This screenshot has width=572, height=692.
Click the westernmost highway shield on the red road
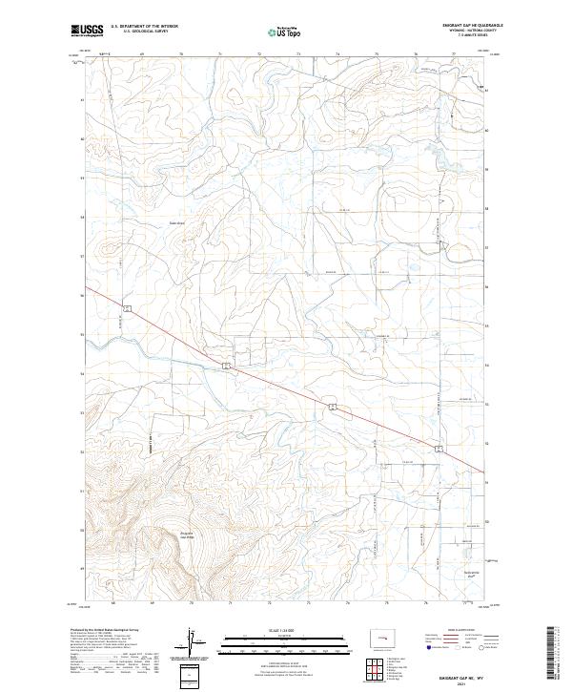124,307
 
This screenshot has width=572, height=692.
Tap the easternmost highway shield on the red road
439,448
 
